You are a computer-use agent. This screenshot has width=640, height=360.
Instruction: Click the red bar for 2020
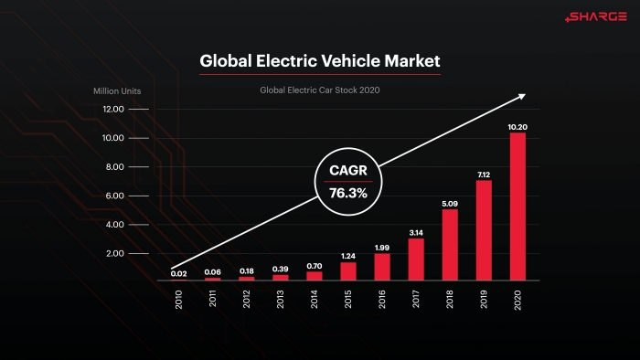(x=517, y=206)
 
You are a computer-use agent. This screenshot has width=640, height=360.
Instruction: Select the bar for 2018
(x=450, y=245)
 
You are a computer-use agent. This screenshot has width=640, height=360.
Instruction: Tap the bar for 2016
(x=382, y=267)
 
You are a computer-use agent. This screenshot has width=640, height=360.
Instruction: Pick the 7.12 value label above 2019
(x=484, y=175)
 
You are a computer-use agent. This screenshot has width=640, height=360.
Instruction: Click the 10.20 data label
(x=517, y=127)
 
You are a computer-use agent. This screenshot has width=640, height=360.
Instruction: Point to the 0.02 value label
(x=179, y=273)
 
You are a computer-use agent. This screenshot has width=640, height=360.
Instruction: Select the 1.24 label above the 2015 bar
(x=348, y=256)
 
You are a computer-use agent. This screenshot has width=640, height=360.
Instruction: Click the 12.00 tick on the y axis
(x=113, y=109)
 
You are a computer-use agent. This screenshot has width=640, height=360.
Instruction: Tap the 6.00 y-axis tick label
(x=114, y=196)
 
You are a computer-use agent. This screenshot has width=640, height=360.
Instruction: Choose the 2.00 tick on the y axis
(x=114, y=253)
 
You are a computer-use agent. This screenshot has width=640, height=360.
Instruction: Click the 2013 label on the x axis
(x=280, y=300)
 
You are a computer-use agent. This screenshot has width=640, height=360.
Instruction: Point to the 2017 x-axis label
(x=415, y=299)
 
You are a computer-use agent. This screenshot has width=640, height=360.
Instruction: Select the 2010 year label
(x=178, y=300)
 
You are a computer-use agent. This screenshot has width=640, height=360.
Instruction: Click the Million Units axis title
(x=117, y=91)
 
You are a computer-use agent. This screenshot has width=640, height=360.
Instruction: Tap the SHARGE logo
(x=596, y=16)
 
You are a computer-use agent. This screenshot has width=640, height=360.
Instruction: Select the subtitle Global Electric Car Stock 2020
(x=320, y=90)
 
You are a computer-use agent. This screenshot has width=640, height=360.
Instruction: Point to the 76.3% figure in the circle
(x=348, y=193)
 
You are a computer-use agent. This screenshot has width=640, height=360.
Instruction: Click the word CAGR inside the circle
(x=348, y=170)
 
